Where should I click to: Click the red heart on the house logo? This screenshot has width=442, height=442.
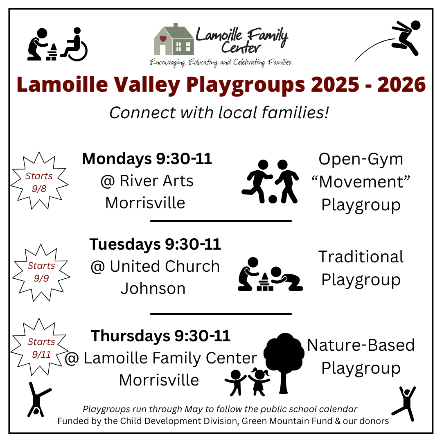point(163,38)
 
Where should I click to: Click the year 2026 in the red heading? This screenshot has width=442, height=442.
point(401,84)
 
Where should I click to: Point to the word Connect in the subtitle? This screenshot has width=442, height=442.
point(142,113)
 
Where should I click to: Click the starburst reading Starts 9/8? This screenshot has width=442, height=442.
point(39,181)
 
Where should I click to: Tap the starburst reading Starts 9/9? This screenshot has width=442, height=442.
point(41,273)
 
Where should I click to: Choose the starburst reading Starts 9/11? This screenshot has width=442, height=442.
point(40,347)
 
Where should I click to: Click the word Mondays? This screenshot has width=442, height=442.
point(117,159)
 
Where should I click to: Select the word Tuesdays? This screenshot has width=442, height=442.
point(125,244)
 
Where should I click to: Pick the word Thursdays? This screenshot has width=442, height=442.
point(131,336)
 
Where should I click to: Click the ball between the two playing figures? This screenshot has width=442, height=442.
point(273,199)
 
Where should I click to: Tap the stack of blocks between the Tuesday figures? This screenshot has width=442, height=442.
point(265,282)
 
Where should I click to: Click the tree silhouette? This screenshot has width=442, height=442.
point(284,363)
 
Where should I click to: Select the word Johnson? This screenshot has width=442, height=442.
point(153,289)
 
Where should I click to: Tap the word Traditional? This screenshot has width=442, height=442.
point(361,257)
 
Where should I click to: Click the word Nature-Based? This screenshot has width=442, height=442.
point(361,345)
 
